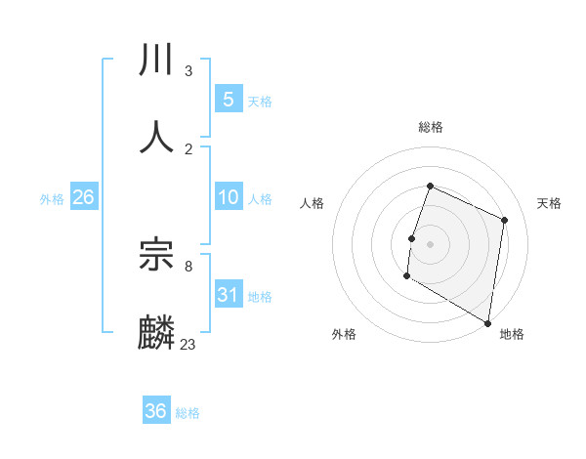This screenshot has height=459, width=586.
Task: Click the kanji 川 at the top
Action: pyautogui.click(x=157, y=61)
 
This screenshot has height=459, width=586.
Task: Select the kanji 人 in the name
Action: pyautogui.click(x=157, y=136)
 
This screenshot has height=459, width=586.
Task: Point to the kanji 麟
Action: pyautogui.click(x=157, y=332)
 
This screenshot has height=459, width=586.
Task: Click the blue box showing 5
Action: pyautogui.click(x=228, y=99)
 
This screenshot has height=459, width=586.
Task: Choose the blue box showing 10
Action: pyautogui.click(x=228, y=197)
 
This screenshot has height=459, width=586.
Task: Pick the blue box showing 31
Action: pyautogui.click(x=228, y=294)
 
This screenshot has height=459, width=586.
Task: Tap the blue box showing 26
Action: pyautogui.click(x=83, y=197)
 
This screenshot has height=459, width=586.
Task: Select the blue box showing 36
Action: pyautogui.click(x=156, y=411)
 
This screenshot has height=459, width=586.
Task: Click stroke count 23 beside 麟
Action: pyautogui.click(x=188, y=344)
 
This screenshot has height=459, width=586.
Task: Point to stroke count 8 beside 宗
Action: pyautogui.click(x=188, y=265)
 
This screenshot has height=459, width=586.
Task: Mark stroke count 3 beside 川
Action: pyautogui.click(x=188, y=71)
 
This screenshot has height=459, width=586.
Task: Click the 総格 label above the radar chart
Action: pyautogui.click(x=431, y=127)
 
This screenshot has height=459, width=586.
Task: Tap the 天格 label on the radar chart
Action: pyautogui.click(x=549, y=203)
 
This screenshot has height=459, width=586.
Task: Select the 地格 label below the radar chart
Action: pyautogui.click(x=512, y=334)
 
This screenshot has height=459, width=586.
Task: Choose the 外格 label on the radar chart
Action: pyautogui.click(x=344, y=334)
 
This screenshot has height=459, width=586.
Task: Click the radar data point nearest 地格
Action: pyautogui.click(x=487, y=322)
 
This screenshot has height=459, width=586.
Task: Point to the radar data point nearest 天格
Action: pyautogui.click(x=505, y=220)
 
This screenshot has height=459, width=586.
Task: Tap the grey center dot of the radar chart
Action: pyautogui.click(x=431, y=243)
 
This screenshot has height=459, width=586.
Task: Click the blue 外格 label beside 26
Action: pyautogui.click(x=52, y=198)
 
